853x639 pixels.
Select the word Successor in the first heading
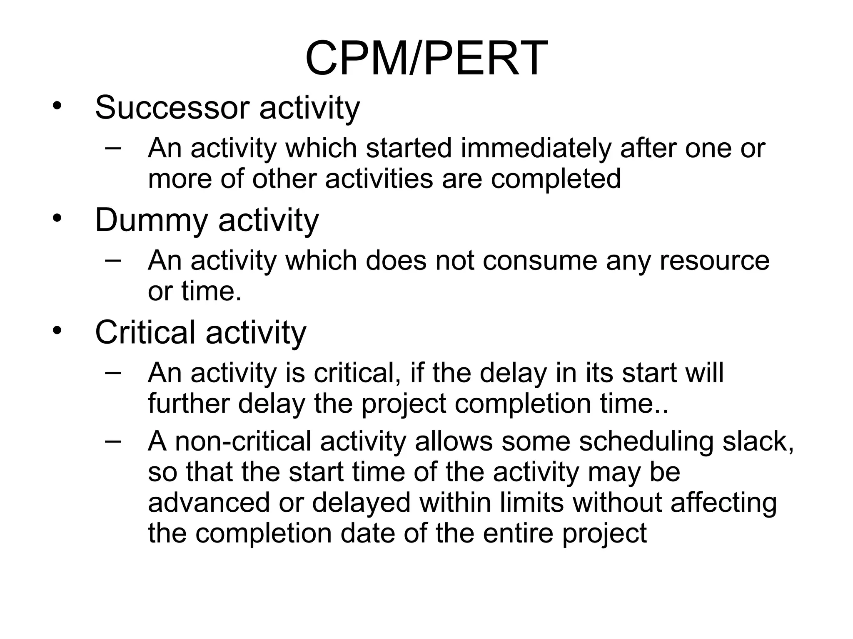[x=172, y=107]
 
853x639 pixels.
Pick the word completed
[x=556, y=178]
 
